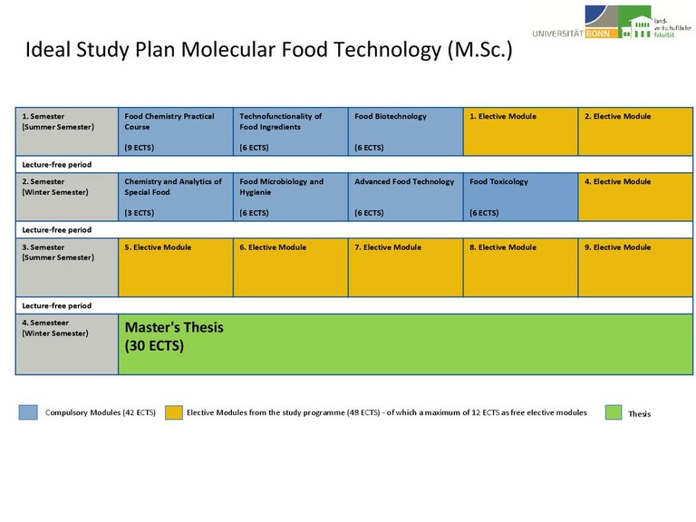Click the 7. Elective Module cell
(x=405, y=266)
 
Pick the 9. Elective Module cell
(x=635, y=266)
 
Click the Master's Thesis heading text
(x=174, y=326)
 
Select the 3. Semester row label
(x=66, y=266)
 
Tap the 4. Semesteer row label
(x=66, y=343)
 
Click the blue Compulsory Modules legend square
(x=28, y=412)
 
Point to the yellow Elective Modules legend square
(x=173, y=412)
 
